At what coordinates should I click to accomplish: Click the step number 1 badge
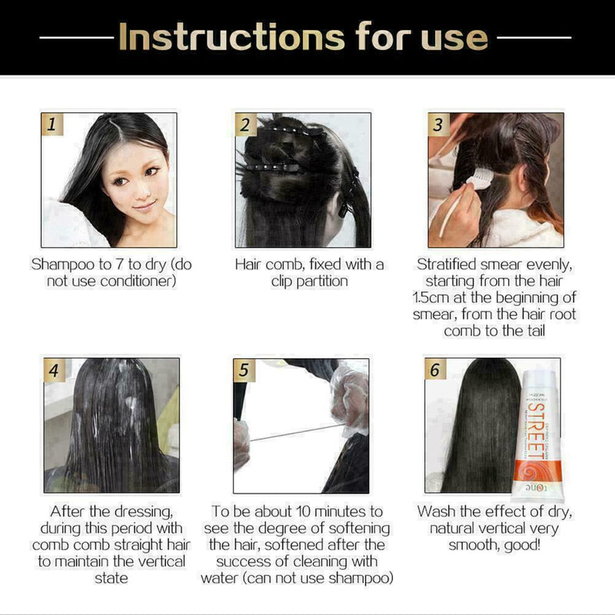pos(52,125)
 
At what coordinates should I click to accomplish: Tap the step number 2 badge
pos(245,125)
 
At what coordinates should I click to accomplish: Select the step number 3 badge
pos(438,125)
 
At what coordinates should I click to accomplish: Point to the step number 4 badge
pos(53,370)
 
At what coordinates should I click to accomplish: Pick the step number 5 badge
pos(245,370)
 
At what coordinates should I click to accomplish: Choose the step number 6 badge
pos(437,370)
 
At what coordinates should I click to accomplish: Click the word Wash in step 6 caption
pos(436,511)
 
